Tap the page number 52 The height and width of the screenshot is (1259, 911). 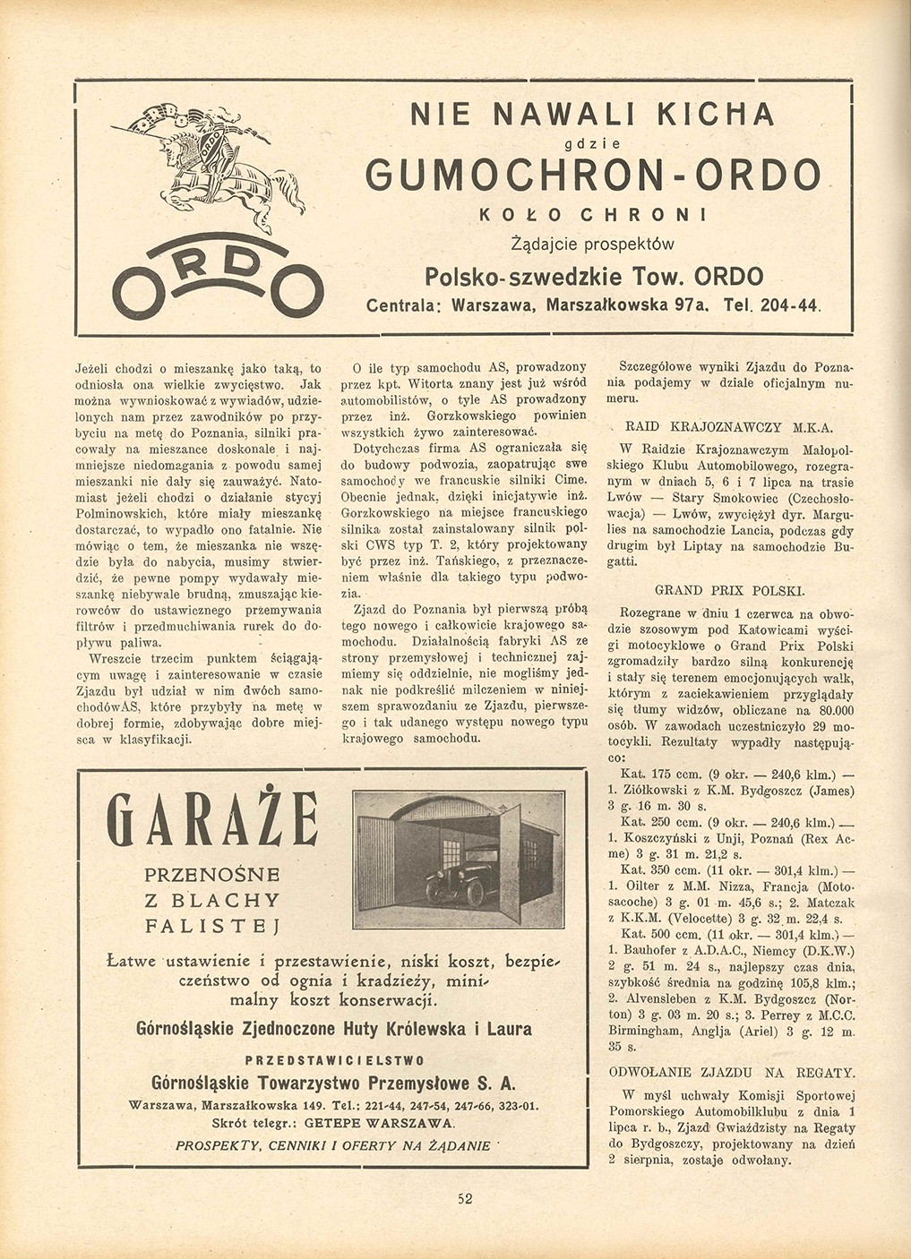[465, 1200]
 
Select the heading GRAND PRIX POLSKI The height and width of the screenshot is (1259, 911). [730, 591]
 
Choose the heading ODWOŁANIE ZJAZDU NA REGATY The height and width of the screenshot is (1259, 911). [731, 1072]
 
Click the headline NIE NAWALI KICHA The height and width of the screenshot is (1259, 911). [591, 115]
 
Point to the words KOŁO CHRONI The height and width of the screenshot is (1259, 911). [592, 215]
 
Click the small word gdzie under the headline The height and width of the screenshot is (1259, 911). [592, 143]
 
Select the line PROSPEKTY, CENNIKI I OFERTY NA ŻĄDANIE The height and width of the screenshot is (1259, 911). [332, 1145]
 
